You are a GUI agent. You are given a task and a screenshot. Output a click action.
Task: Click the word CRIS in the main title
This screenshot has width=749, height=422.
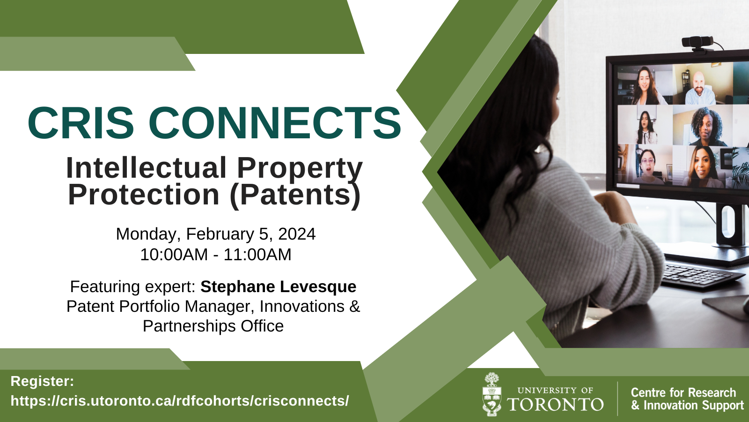[x=81, y=122]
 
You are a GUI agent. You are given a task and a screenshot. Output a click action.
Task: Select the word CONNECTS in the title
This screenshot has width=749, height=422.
[x=274, y=122]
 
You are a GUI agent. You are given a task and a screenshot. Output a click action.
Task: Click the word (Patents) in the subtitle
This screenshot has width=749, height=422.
[x=295, y=195]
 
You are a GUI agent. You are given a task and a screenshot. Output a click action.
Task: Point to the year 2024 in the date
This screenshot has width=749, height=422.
[x=297, y=234]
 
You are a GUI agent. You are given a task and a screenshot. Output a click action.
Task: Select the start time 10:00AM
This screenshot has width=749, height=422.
[x=174, y=255]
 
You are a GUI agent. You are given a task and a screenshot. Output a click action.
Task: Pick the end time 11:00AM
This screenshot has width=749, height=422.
[x=257, y=255]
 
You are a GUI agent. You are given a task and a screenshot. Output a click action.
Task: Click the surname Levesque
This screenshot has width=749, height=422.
[x=318, y=286]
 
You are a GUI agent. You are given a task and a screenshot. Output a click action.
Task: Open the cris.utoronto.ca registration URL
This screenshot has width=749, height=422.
[x=180, y=401]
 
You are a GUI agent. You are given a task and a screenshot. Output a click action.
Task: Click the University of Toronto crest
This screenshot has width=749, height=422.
[x=492, y=394]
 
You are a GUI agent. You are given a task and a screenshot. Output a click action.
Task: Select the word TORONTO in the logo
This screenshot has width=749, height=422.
[x=555, y=405]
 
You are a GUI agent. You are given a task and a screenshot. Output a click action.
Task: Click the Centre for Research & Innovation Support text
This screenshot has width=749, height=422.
[x=687, y=399]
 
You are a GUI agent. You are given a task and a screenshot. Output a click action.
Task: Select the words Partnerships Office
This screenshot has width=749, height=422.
[x=213, y=326]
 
